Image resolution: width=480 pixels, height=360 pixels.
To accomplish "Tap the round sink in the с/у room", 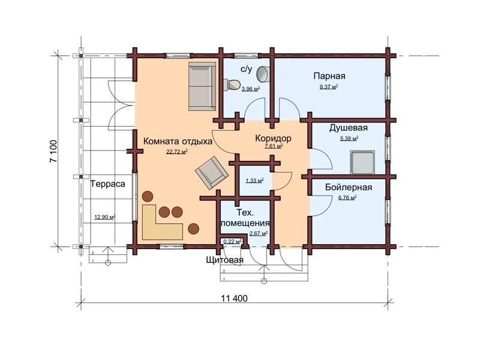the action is click(262, 74).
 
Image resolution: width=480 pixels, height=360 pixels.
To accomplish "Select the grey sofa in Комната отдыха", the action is click(202, 86).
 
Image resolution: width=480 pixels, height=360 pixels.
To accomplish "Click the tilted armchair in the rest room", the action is click(212, 172).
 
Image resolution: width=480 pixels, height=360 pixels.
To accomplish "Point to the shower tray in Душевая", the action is click(363, 162).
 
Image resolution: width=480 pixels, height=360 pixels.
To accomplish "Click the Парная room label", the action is click(329, 76).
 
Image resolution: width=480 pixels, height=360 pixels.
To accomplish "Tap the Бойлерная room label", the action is click(349, 187).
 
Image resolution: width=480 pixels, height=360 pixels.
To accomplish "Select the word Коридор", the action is click(273, 139).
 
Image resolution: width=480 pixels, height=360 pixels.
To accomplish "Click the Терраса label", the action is click(108, 184).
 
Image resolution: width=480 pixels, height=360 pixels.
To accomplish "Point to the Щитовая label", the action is click(224, 260).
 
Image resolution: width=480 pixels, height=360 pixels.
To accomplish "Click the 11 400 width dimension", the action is click(234, 298).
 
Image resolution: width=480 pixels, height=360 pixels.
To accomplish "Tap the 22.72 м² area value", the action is click(177, 151).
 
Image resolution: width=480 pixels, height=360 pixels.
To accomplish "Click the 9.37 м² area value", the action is click(329, 86).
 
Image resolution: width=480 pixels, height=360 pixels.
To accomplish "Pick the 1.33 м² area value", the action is click(254, 181).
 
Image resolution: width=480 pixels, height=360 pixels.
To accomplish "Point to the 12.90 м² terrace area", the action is click(104, 217).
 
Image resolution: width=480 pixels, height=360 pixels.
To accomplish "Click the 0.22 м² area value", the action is click(233, 242).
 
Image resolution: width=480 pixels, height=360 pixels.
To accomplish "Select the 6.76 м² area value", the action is click(347, 197).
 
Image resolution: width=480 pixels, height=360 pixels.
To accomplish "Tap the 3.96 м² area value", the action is click(251, 89).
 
